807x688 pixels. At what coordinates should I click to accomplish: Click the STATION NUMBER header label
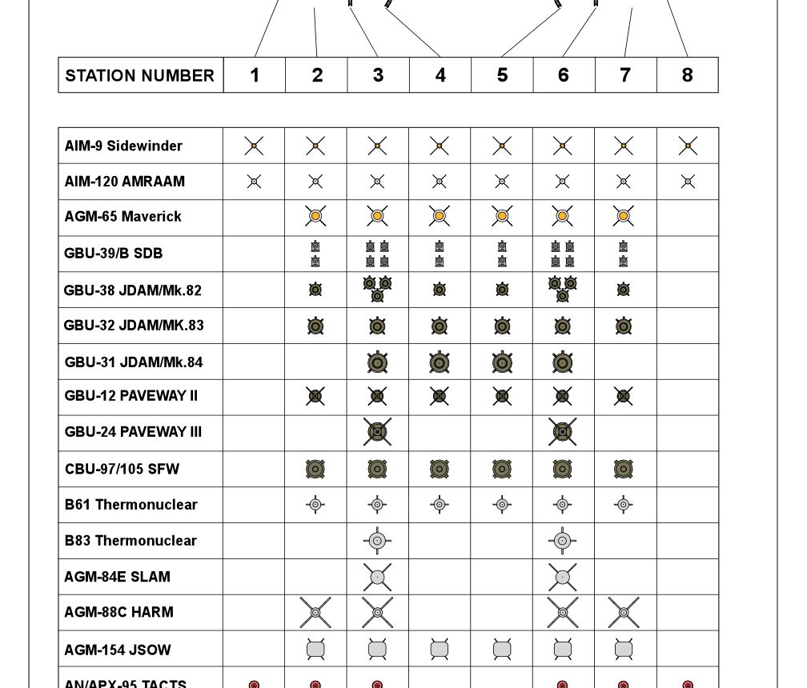[x=140, y=75]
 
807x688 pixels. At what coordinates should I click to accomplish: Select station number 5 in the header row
[x=502, y=75]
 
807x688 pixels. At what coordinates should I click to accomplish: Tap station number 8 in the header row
[x=687, y=75]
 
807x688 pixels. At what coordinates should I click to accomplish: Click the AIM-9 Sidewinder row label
[x=123, y=146]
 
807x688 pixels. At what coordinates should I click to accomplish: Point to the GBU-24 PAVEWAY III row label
[x=133, y=432]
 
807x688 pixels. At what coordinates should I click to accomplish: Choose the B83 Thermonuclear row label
[x=130, y=540]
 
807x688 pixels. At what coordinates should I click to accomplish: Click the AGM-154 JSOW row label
[x=118, y=650]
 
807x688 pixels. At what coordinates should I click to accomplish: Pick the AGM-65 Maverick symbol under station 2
[x=315, y=216]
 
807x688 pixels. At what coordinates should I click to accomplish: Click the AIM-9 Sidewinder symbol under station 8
[x=687, y=146]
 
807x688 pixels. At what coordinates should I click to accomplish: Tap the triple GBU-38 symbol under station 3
[x=377, y=289]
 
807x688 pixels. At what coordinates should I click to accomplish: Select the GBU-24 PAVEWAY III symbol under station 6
[x=562, y=432]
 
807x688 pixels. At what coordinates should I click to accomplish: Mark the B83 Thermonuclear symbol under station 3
[x=377, y=541]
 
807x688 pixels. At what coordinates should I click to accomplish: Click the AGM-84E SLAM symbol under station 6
[x=562, y=576]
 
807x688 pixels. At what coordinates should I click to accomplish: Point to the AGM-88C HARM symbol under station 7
[x=624, y=612]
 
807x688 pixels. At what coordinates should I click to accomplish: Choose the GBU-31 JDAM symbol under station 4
[x=439, y=362]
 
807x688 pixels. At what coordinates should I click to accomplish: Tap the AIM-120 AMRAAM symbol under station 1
[x=254, y=182]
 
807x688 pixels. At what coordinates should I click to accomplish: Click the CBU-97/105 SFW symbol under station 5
[x=502, y=469]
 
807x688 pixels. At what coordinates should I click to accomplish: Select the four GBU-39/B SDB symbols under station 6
[x=562, y=254]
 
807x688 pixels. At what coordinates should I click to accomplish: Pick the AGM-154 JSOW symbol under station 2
[x=315, y=649]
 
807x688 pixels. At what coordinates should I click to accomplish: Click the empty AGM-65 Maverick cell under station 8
[x=687, y=217]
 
